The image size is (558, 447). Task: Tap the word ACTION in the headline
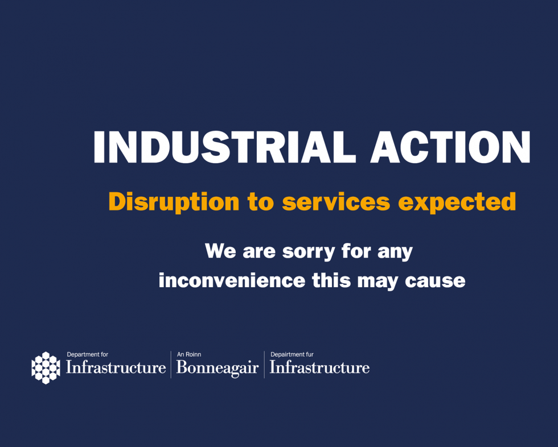(x=450, y=148)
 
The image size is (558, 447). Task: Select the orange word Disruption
(x=174, y=202)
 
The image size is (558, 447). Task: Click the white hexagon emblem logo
(x=46, y=367)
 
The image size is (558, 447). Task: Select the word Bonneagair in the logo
(x=218, y=368)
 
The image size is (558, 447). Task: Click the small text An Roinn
(x=189, y=354)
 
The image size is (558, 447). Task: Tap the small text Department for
(x=87, y=354)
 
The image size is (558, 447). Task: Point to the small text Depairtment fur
(x=292, y=354)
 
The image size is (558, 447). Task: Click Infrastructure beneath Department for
(x=116, y=367)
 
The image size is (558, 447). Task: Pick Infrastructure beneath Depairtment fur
(x=319, y=367)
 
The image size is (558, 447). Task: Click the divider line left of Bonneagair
(x=171, y=364)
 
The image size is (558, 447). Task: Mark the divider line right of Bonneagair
(x=264, y=364)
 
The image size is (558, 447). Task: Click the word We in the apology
(x=220, y=251)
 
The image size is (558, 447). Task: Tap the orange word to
(x=261, y=202)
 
